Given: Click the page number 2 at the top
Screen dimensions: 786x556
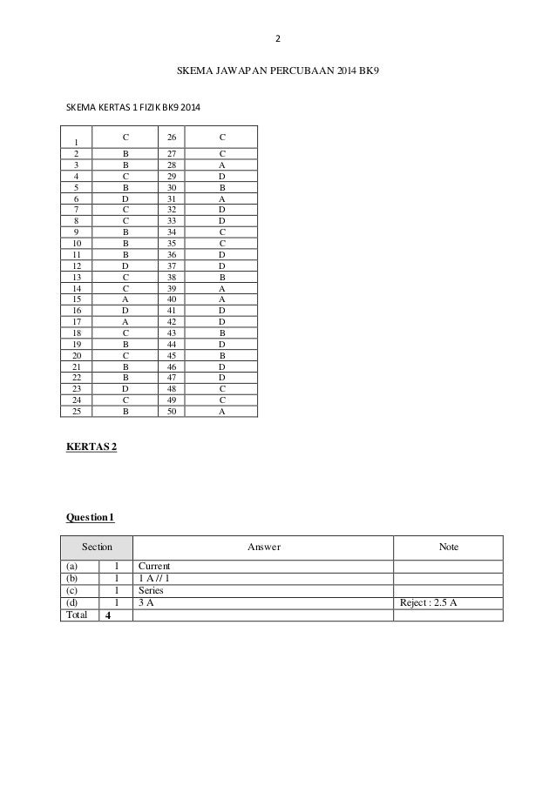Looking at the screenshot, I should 278,39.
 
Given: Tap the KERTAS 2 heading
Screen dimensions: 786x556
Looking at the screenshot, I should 92,447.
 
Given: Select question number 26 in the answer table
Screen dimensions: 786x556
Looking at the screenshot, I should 170,136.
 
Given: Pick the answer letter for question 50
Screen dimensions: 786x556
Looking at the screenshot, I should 222,412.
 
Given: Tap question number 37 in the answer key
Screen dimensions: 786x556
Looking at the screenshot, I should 170,265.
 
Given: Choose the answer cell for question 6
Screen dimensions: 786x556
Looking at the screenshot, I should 126,197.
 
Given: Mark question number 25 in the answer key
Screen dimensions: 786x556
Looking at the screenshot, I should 77,412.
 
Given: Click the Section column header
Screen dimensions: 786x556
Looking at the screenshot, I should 97,547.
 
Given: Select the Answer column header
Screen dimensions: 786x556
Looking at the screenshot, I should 263,547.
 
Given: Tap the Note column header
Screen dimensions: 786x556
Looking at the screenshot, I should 448,547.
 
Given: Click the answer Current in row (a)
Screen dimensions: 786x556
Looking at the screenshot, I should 155,566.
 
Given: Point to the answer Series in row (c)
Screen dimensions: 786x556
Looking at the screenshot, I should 152,590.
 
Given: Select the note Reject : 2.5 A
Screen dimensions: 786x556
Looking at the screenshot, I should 429,602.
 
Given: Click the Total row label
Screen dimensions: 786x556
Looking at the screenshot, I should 78,615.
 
